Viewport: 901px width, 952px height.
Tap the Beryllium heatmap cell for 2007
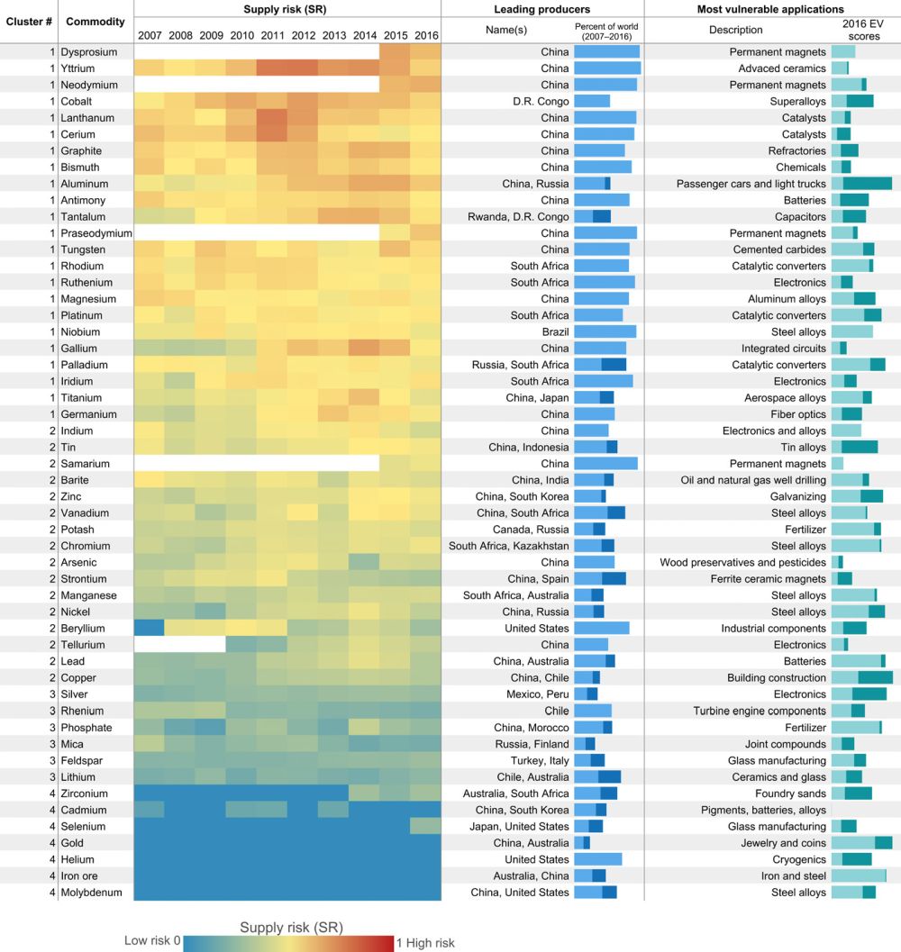[150, 628]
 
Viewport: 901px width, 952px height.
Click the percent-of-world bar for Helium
[597, 859]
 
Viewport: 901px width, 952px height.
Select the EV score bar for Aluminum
[861, 184]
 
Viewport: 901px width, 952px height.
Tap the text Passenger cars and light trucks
[751, 184]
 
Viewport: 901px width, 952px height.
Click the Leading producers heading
[542, 9]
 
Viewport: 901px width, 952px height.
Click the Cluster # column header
[29, 20]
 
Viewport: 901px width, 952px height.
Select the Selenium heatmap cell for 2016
[425, 826]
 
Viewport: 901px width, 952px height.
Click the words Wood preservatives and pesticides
[742, 562]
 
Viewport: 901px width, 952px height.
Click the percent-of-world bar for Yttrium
[607, 68]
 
